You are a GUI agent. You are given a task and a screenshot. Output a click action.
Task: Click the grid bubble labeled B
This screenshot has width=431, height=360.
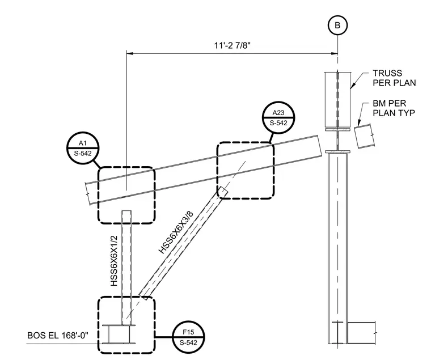click(337, 26)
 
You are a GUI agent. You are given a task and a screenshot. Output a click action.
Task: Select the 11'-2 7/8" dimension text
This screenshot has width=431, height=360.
click(233, 45)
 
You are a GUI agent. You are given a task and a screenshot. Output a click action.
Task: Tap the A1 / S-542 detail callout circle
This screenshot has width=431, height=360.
click(83, 148)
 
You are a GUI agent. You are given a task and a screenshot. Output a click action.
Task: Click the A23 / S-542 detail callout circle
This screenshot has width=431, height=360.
click(278, 117)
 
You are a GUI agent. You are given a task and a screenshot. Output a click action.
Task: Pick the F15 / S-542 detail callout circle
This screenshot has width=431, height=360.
click(188, 337)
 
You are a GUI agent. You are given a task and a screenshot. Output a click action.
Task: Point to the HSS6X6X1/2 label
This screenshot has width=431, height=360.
click(114, 261)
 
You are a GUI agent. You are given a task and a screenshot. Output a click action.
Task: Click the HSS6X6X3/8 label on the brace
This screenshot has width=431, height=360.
click(176, 232)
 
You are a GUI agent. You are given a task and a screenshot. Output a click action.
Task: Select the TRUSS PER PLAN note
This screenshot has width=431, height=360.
click(394, 78)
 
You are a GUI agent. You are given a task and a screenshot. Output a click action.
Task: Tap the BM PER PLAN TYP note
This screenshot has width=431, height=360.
click(394, 108)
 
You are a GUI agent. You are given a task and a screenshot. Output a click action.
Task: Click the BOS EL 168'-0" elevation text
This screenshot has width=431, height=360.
click(58, 336)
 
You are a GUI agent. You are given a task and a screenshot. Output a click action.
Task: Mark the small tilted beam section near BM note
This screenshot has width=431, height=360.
click(365, 136)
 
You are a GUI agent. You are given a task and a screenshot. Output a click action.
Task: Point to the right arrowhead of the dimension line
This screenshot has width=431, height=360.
click(335, 54)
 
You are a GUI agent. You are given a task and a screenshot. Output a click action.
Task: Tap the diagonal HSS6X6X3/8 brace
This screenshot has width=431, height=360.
click(183, 243)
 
